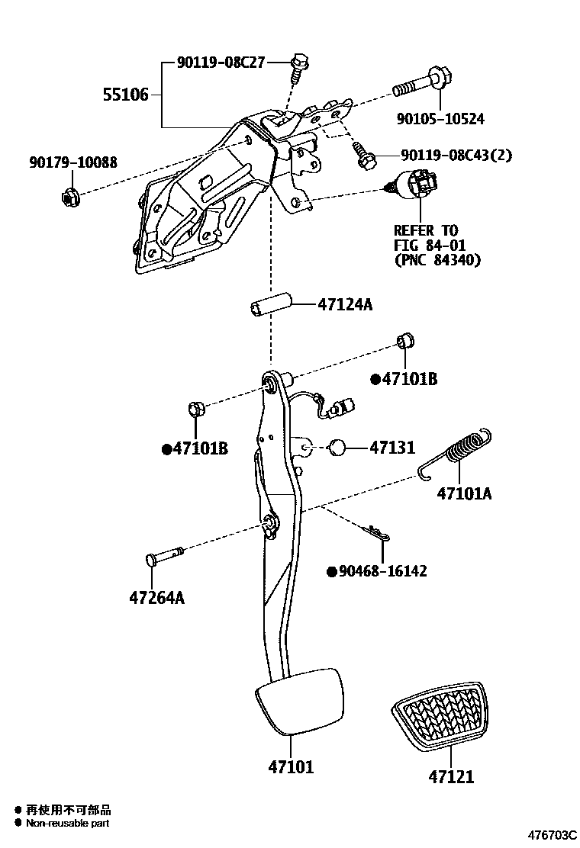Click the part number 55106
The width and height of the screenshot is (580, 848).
point(125,95)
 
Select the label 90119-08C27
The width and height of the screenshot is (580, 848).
point(221,63)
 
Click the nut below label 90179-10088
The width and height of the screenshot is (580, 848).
point(69,196)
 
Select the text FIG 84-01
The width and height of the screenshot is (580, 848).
point(429,245)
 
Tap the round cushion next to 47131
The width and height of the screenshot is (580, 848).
point(337,448)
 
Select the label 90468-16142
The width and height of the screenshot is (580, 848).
point(382,571)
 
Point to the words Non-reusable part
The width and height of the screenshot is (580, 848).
point(67,824)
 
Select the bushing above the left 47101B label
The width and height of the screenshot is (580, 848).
point(194,410)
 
